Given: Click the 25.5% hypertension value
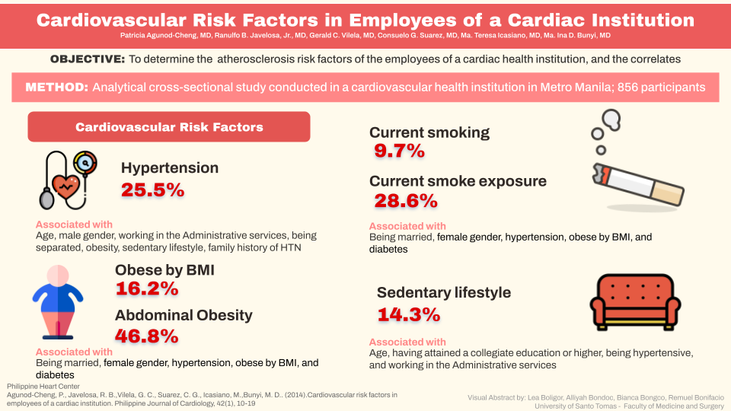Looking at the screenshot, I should pos(152,190).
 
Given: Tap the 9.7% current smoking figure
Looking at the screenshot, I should pos(399,151).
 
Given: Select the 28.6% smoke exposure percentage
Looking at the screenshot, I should pos(406,201).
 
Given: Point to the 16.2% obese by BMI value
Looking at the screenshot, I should pos(147,288).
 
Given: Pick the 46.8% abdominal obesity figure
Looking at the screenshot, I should pos(147,336).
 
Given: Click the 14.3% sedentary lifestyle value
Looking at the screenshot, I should pos(409,314).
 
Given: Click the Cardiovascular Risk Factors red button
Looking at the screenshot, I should pos(169,127).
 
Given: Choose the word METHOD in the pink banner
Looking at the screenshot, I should pos(57,88).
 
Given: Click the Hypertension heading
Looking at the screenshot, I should pos(170,167).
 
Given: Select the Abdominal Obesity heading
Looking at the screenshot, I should pos(184,315).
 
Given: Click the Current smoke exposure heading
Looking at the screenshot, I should pos(458,181).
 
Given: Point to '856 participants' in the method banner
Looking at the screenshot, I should pos(662,88).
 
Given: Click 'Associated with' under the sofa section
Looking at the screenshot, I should pos(407,342).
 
